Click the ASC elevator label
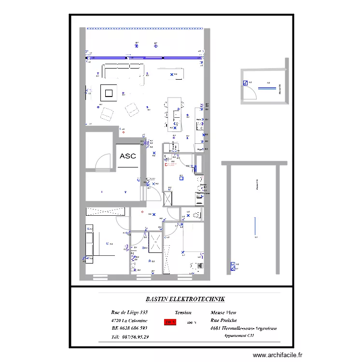(x=127, y=156)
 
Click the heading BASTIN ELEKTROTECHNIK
(x=178, y=299)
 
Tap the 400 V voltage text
(x=192, y=323)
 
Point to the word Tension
(x=183, y=313)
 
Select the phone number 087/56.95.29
(x=130, y=337)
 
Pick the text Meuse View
(x=223, y=313)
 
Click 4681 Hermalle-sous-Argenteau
(x=243, y=329)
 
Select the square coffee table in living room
(x=109, y=92)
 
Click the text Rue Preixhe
(x=223, y=320)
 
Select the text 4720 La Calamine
(x=129, y=320)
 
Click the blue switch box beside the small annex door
(x=245, y=83)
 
